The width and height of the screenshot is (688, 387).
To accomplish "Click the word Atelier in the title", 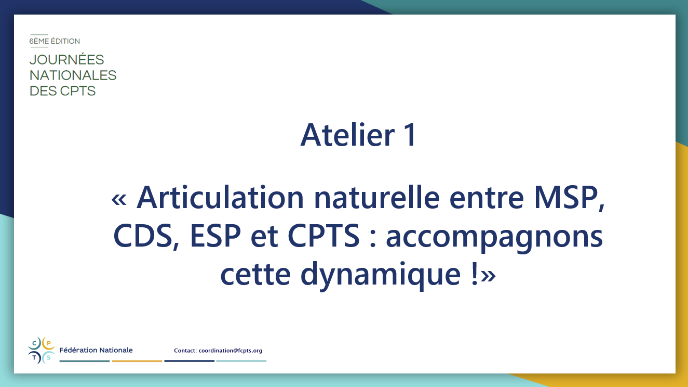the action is (x=347, y=135).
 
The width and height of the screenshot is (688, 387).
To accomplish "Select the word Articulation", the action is (x=220, y=197).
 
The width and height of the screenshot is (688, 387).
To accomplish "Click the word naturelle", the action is (x=377, y=197).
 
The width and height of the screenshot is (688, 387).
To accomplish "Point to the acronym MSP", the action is (x=566, y=197).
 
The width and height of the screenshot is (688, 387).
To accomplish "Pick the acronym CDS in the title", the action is (x=143, y=236).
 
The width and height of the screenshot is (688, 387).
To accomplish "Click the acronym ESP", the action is (x=215, y=236).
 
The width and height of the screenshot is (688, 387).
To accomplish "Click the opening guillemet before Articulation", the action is (x=119, y=199).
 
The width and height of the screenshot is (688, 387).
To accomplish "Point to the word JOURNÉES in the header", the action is (x=66, y=59).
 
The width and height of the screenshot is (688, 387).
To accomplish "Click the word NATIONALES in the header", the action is (x=73, y=75).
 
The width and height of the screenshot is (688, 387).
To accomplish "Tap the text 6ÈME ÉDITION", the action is (x=55, y=41).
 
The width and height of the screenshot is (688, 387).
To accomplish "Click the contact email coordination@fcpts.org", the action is (x=231, y=351).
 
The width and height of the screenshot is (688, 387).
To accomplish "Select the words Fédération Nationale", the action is (x=96, y=350).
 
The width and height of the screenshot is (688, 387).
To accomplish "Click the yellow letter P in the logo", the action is (x=48, y=343).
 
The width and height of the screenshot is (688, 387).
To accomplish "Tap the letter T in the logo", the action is (x=34, y=358).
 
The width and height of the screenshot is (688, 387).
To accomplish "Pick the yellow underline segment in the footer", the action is (x=137, y=361).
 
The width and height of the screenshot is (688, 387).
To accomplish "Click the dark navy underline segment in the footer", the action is (x=189, y=361).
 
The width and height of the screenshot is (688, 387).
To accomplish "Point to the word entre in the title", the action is (x=487, y=198).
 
